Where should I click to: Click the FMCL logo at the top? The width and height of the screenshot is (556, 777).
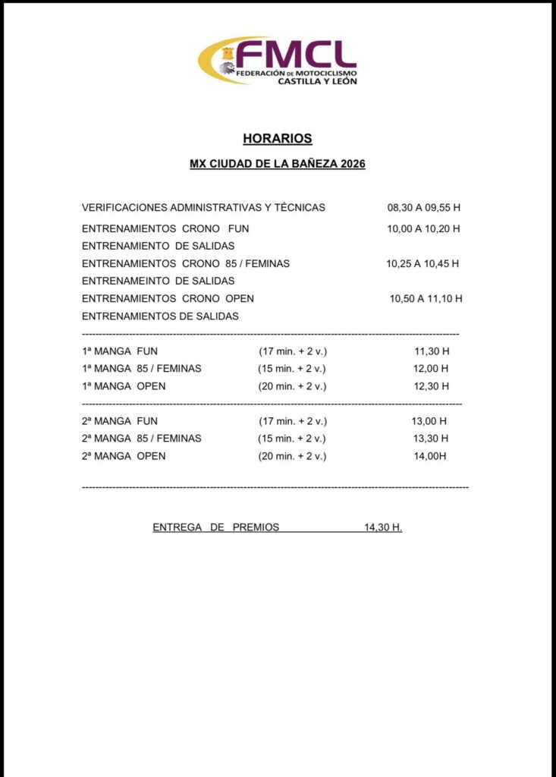[x=278, y=61]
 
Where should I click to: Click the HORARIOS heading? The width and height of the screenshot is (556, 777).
[x=278, y=139]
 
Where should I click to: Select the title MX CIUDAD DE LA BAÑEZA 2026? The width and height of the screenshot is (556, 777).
[x=278, y=164]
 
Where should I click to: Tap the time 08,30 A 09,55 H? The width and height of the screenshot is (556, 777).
[x=423, y=207]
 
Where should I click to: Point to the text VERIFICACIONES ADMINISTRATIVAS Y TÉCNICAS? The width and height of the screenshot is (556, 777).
[x=203, y=207]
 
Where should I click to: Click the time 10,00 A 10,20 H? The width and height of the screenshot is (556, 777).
[x=423, y=228]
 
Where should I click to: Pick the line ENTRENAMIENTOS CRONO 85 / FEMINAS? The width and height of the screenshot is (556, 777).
[x=186, y=263]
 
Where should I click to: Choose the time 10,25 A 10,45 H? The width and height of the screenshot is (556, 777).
[x=422, y=263]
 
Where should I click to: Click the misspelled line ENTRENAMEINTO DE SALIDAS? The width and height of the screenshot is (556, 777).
[x=158, y=281]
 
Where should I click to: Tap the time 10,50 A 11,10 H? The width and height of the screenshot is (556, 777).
[x=426, y=298]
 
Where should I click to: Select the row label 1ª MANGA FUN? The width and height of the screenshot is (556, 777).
[x=120, y=351]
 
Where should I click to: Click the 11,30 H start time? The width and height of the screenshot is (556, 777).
[x=432, y=351]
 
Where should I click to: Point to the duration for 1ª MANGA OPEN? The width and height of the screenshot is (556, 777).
[x=292, y=386]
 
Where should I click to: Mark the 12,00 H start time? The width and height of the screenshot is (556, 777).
[x=432, y=369]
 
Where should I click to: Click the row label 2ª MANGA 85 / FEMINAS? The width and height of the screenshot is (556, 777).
[x=142, y=439]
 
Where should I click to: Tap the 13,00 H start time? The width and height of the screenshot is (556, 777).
[x=429, y=421]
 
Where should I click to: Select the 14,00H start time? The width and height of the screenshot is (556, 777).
[x=429, y=456]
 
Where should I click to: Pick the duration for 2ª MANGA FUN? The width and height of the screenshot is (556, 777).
[x=292, y=421]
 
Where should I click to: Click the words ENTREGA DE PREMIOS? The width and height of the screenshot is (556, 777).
[x=216, y=527]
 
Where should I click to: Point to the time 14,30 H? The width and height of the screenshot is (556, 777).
[x=383, y=527]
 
